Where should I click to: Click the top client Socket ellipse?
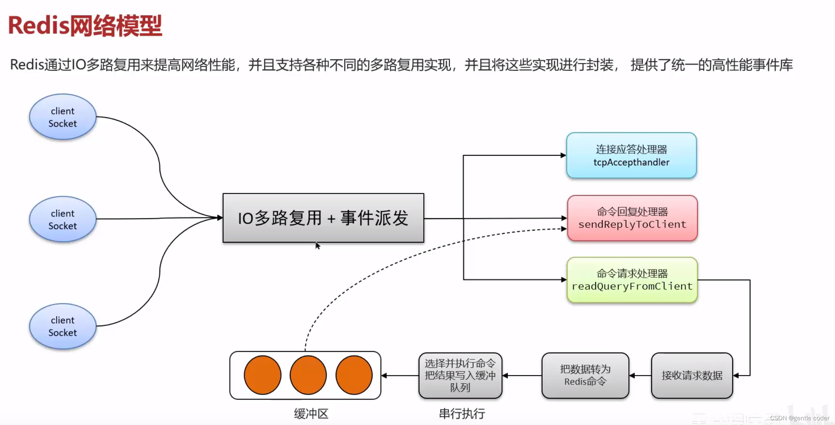(63, 117)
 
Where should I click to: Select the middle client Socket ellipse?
(63, 219)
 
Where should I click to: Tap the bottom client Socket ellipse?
(63, 326)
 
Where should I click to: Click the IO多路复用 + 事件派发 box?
(323, 218)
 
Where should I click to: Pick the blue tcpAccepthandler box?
(631, 156)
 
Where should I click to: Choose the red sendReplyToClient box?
(632, 218)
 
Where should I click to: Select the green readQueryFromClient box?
(632, 280)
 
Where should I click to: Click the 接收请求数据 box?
(692, 376)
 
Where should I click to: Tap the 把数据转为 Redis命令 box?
(585, 376)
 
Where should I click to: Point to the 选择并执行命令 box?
(460, 376)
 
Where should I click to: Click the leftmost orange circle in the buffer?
(263, 375)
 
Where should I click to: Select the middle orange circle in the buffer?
(308, 375)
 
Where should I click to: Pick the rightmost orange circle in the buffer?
(354, 375)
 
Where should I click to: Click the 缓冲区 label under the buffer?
(311, 414)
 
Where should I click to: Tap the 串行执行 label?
(462, 414)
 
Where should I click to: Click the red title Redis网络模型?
(85, 26)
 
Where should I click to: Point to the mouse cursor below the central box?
(317, 245)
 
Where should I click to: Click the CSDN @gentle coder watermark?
(800, 418)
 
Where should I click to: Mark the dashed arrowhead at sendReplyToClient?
(564, 229)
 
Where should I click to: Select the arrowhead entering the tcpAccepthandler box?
(563, 155)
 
